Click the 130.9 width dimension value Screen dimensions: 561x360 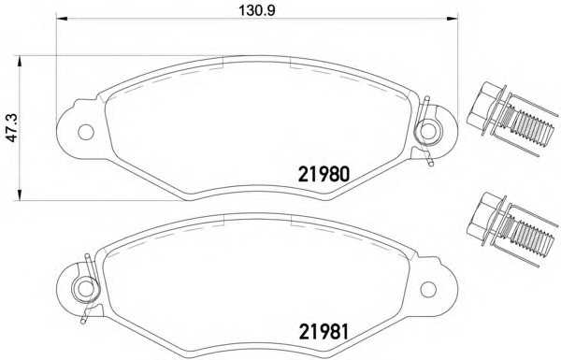tap(257, 10)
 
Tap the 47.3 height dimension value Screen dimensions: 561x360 tap(14, 128)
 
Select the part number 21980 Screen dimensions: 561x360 tap(324, 175)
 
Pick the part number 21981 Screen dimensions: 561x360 tap(324, 332)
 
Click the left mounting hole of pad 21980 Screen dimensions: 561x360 tap(86, 132)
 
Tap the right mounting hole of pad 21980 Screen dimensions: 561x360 tap(428, 131)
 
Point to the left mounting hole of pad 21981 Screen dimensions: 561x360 tap(86, 289)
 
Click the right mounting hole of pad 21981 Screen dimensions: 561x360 tap(428, 289)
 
